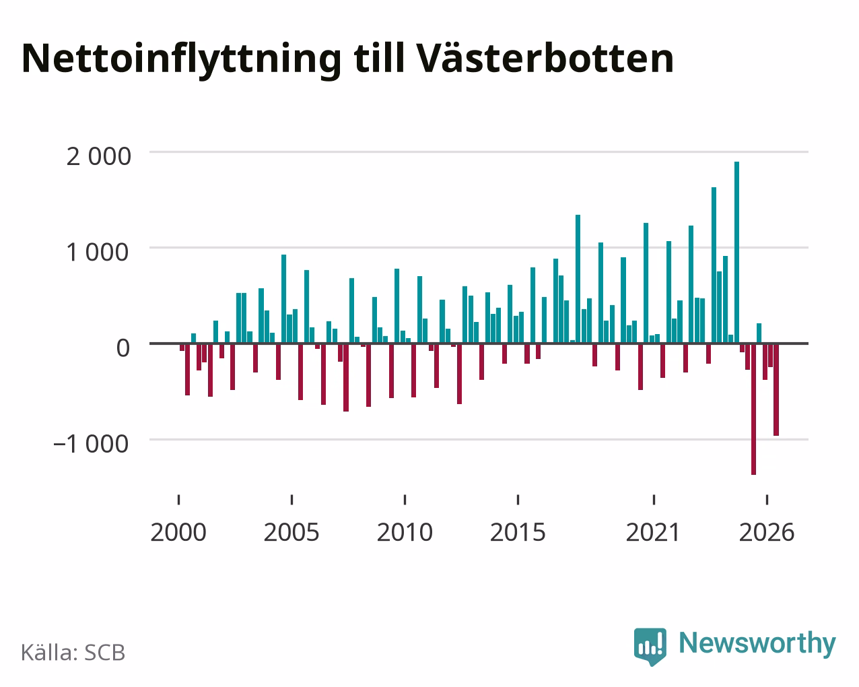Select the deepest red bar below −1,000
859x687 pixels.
(753, 409)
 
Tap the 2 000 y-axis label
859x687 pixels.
(98, 156)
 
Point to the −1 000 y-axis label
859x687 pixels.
(91, 444)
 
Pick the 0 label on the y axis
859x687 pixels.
(123, 348)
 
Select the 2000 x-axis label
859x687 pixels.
(178, 532)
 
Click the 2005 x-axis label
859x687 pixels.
(291, 532)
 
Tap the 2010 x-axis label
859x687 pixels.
(405, 532)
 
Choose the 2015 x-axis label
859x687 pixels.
(518, 532)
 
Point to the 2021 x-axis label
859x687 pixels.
(654, 532)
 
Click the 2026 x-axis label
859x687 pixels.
(767, 532)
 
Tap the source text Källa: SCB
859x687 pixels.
(73, 653)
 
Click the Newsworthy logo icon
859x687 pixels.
(650, 647)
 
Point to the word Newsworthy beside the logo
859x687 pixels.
(757, 644)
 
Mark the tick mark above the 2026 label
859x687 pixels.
(767, 500)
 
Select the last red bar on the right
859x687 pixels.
(776, 389)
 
